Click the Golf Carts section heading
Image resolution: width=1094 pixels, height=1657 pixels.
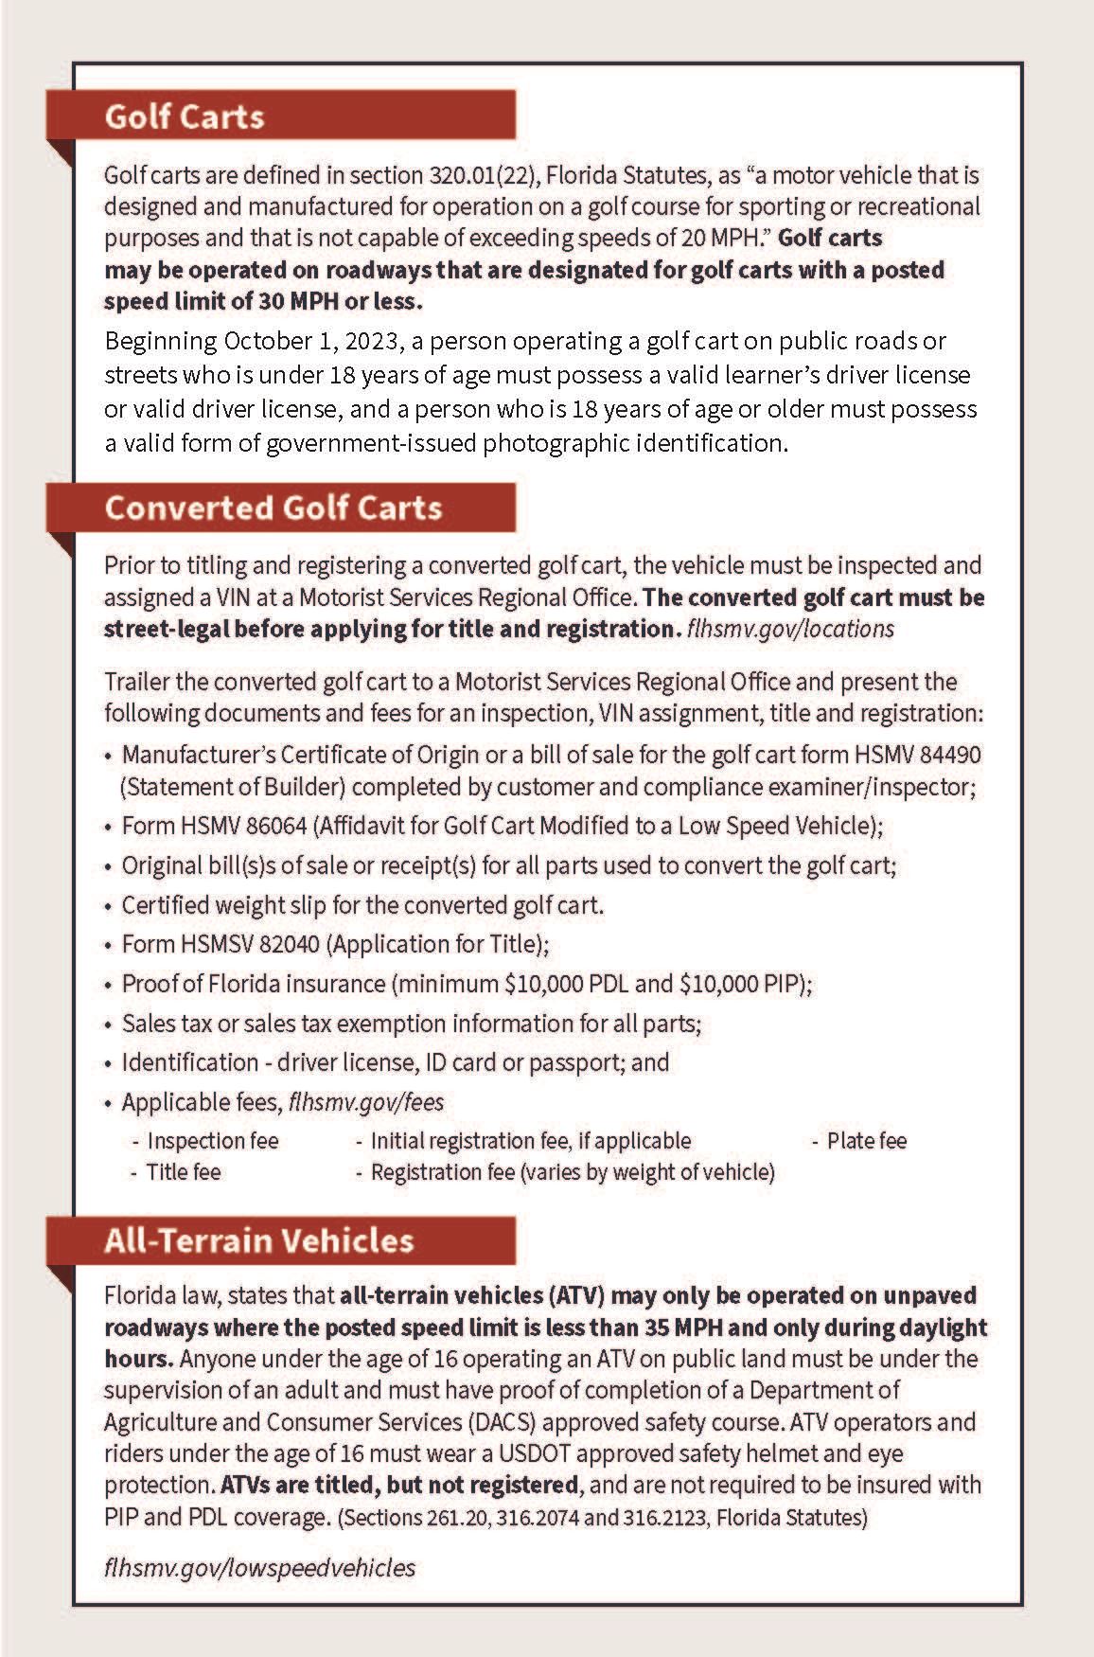[185, 116]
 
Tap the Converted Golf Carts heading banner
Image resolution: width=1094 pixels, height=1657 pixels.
[273, 508]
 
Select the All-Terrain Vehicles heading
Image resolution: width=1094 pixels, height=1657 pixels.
[259, 1240]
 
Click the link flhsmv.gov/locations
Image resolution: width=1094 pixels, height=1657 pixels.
[790, 629]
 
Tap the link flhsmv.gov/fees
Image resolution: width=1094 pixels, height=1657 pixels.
[366, 1102]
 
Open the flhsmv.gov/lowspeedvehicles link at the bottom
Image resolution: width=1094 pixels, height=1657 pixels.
[259, 1567]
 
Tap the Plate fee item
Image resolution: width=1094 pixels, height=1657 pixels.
[866, 1141]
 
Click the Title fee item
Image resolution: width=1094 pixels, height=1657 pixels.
[183, 1172]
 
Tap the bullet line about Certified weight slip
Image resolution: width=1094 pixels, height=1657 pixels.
[362, 905]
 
